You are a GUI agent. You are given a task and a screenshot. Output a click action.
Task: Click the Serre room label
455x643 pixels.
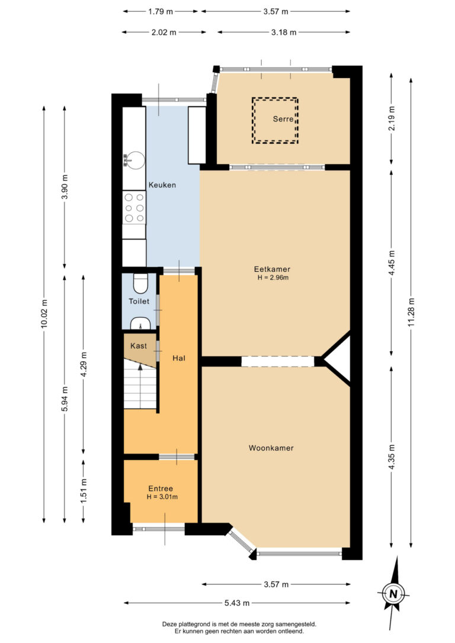tap(283, 119)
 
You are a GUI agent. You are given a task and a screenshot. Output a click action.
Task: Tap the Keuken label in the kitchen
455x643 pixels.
tap(162, 185)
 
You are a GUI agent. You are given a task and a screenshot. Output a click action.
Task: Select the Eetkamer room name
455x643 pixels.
tap(272, 269)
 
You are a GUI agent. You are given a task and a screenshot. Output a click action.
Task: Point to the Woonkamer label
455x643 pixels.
tap(271, 448)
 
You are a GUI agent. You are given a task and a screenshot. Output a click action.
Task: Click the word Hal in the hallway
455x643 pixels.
tap(179, 358)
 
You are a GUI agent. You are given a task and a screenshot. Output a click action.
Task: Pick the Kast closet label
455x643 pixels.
tap(139, 346)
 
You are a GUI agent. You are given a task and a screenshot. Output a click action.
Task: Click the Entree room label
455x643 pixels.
tap(161, 489)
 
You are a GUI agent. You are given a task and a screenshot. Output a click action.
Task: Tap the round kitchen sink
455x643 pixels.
tap(134, 160)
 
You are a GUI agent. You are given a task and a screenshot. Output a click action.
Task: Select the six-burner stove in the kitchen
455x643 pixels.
tap(134, 208)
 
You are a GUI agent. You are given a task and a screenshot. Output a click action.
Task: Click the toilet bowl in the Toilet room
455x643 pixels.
tap(140, 284)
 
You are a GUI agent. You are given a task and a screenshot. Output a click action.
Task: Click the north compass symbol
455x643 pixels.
tap(393, 593)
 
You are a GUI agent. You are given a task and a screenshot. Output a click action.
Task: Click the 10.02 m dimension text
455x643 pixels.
tap(44, 314)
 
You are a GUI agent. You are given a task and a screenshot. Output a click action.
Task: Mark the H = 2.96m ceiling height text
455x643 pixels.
tap(273, 278)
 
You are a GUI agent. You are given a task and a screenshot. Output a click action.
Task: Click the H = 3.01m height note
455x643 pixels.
tap(162, 497)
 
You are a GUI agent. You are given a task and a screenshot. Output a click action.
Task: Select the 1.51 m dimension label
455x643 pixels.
tap(84, 491)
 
